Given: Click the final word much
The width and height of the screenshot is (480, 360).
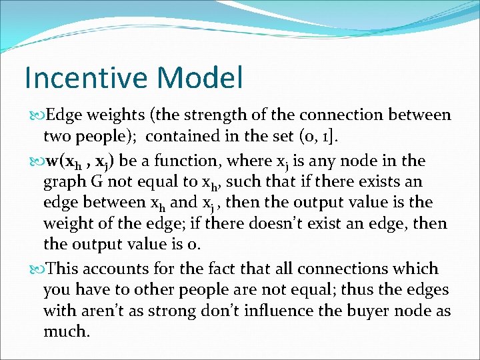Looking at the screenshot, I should [x=66, y=331].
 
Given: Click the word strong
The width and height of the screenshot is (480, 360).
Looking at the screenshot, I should [x=151, y=311].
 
